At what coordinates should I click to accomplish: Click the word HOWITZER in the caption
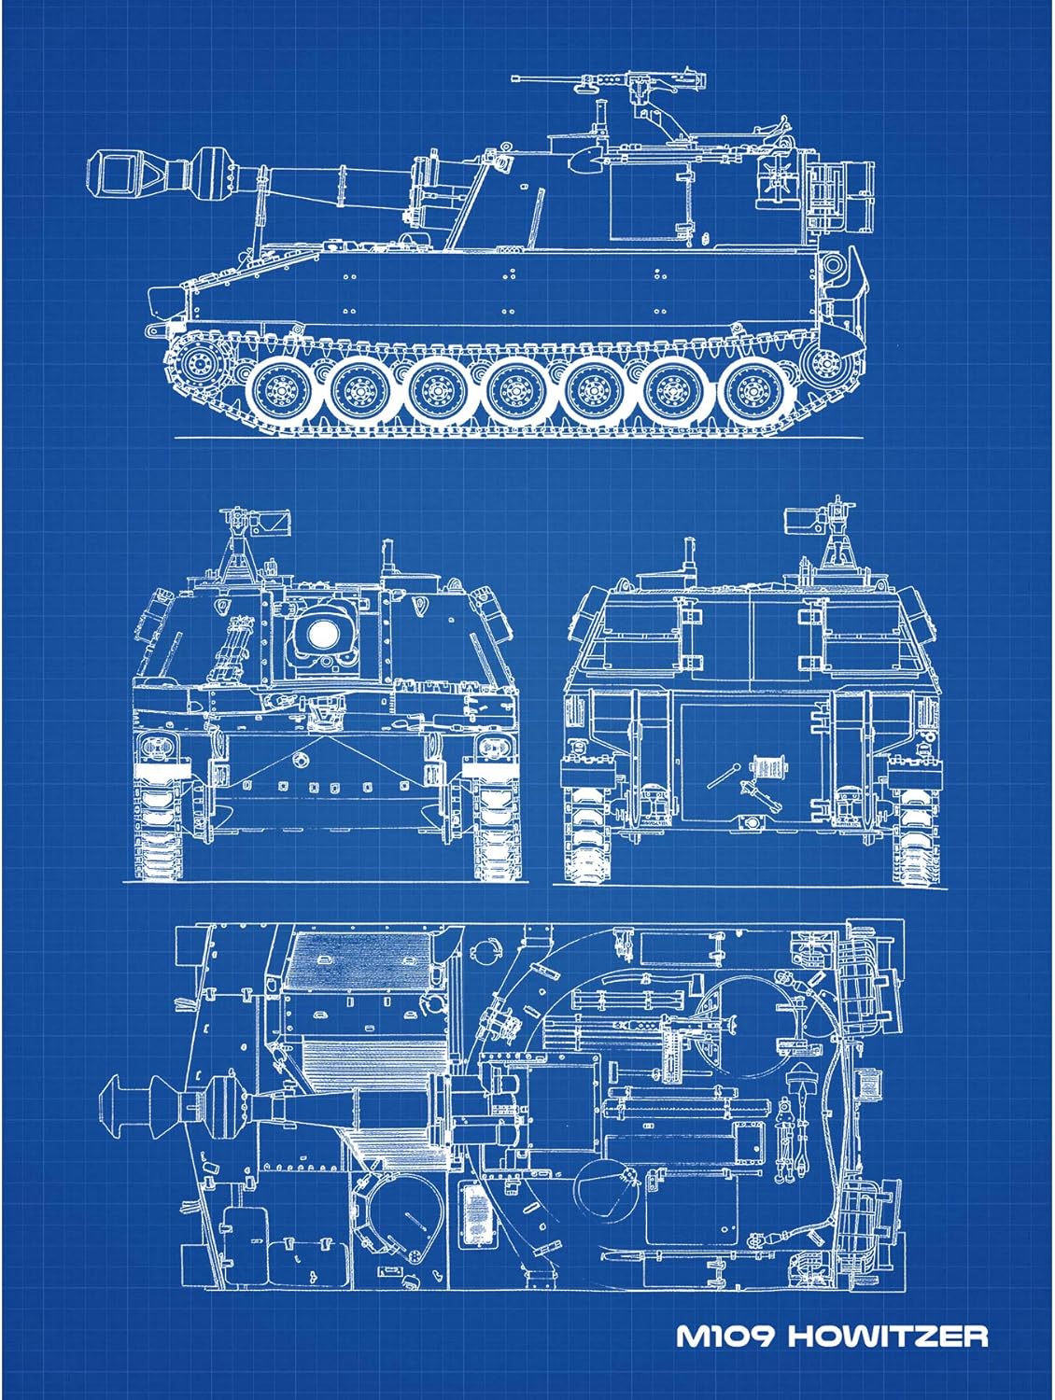(x=888, y=1336)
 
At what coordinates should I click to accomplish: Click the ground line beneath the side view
(x=523, y=438)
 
